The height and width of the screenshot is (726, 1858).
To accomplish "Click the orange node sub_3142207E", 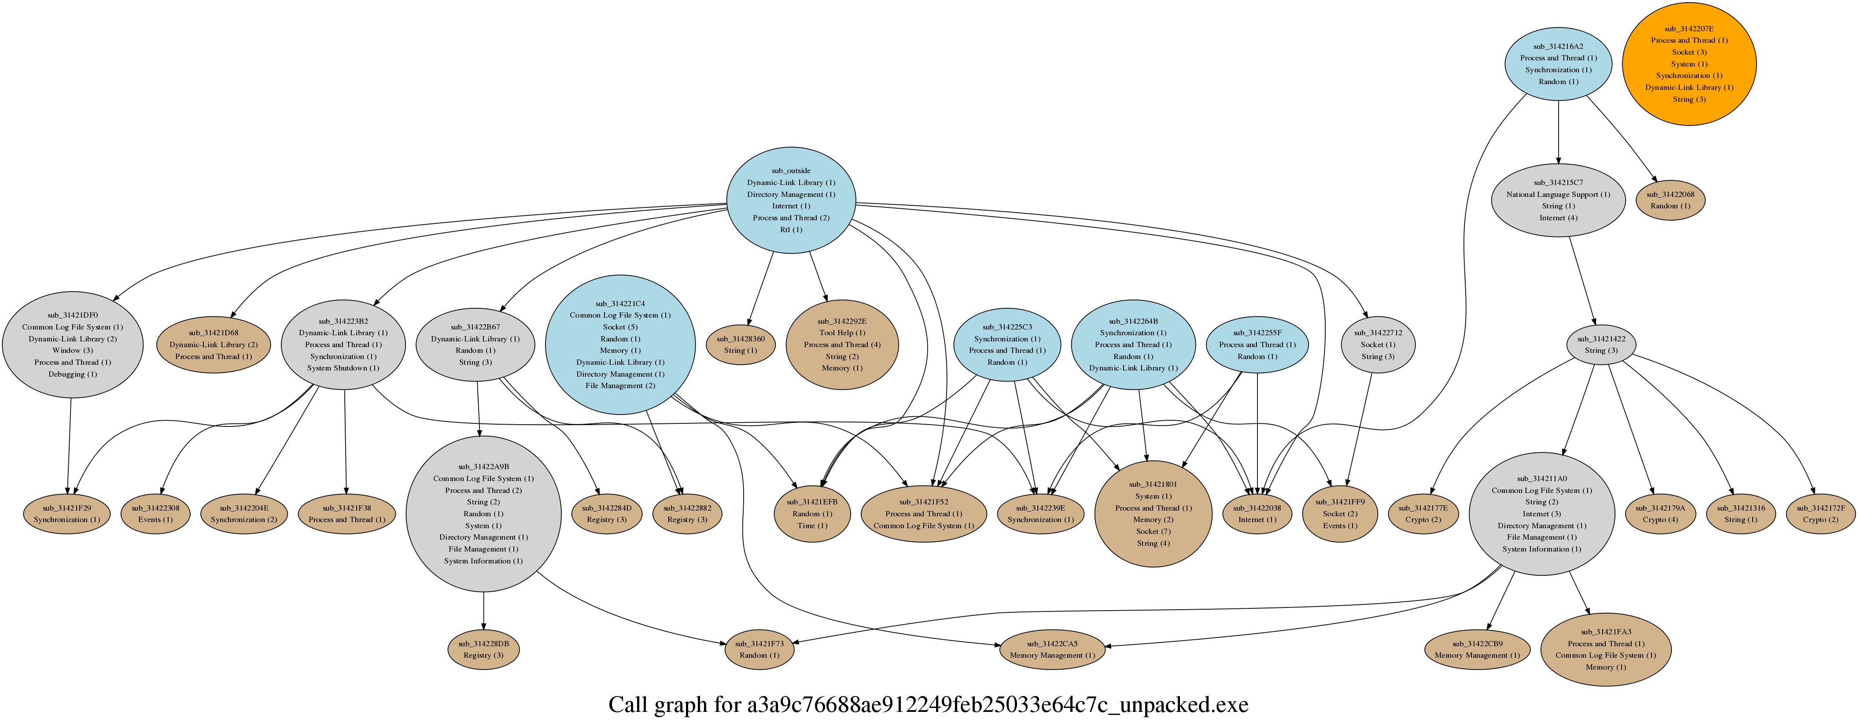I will [x=1688, y=63].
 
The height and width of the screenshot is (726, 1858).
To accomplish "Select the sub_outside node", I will [x=790, y=200].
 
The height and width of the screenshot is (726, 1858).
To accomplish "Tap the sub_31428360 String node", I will [x=741, y=344].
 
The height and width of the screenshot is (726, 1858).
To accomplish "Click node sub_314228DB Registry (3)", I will [x=483, y=649].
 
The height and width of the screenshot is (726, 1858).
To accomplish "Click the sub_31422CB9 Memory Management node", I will [x=1476, y=649].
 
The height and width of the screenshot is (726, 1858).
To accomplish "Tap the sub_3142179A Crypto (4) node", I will [x=1659, y=514].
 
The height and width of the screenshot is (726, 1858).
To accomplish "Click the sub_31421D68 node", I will [x=214, y=344].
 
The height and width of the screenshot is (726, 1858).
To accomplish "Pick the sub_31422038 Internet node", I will [x=1257, y=514].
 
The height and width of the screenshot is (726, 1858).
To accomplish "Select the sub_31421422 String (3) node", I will [x=1600, y=344].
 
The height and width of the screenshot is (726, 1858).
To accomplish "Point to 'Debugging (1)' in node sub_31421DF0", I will [x=72, y=374].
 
